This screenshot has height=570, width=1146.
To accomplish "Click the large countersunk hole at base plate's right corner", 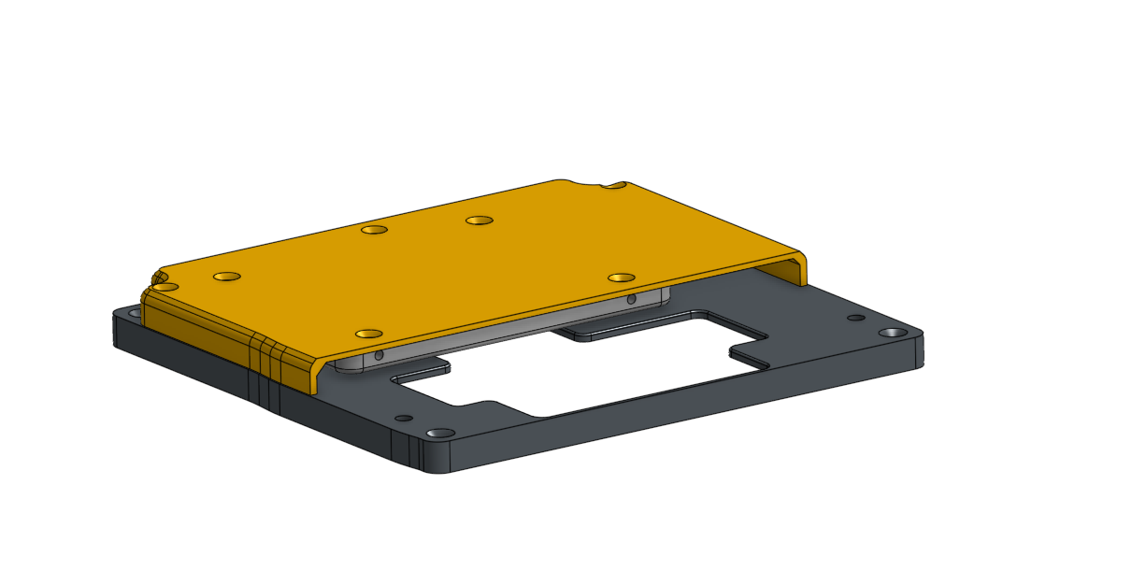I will pos(894,333).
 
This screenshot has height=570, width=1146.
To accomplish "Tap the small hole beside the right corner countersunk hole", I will pos(854,318).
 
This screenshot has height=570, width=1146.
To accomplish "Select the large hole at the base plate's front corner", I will pos(439,434).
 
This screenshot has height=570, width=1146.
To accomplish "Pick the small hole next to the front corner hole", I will pos(404,418).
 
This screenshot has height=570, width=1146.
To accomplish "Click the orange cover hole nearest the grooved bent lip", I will pos(369,334).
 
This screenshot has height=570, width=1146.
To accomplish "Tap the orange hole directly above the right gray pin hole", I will pos(621,278).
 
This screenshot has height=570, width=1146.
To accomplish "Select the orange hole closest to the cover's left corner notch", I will pos(226,277).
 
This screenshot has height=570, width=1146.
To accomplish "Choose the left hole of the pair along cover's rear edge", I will pos(374,229).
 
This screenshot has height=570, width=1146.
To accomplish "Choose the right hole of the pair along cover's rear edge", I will pos(480,221).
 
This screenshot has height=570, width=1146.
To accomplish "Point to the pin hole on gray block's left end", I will pos(379,355).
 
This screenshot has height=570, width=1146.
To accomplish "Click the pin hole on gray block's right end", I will pos(632,300).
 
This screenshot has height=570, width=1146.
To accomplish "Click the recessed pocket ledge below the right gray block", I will pos(598,332).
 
